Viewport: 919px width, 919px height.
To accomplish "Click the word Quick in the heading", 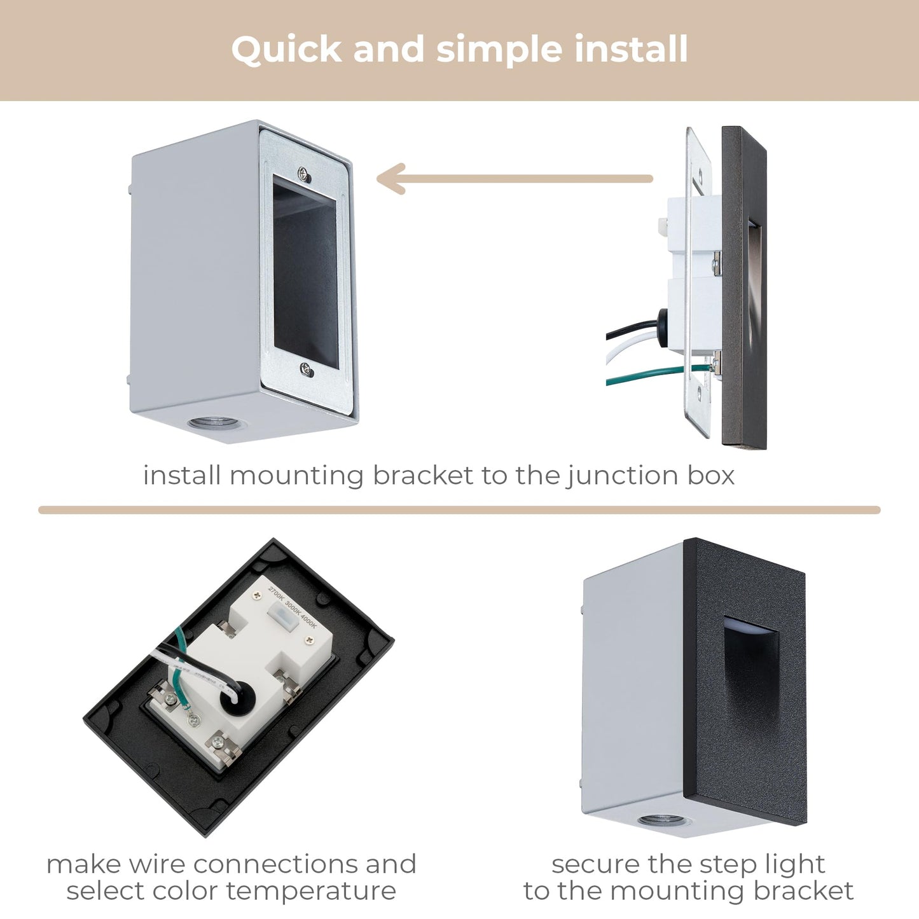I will tap(286, 50).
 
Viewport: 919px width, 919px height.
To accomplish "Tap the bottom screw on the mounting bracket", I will tap(307, 368).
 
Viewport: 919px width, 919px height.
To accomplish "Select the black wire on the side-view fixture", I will tap(630, 329).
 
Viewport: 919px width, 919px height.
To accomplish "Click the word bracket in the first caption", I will tap(423, 476).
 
